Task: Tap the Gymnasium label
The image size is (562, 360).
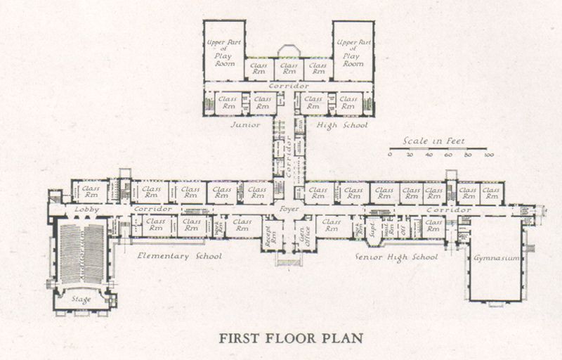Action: click(x=496, y=258)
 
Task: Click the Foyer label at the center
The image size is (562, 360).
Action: click(x=288, y=209)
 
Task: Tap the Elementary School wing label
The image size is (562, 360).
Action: click(x=180, y=256)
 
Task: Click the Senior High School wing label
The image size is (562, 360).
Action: click(x=398, y=257)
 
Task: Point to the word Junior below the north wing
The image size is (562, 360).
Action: click(x=245, y=124)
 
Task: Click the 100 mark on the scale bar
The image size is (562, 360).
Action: click(x=489, y=155)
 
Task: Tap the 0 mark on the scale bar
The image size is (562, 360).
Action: click(x=391, y=155)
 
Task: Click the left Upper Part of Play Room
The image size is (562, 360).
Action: click(x=223, y=53)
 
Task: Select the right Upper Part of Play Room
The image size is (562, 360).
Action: click(x=353, y=53)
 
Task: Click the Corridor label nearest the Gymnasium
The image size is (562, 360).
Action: click(x=448, y=210)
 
